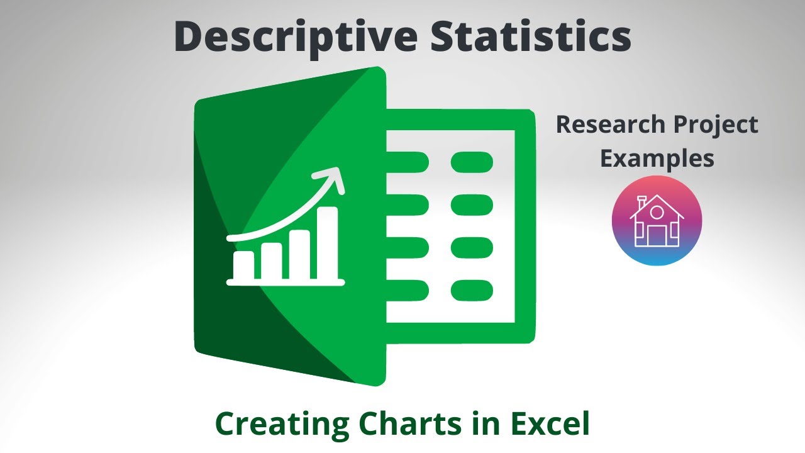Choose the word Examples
click(657, 158)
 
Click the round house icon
click(657, 221)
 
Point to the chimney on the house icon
click(642, 203)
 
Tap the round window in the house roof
click(657, 212)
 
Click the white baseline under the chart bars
click(286, 282)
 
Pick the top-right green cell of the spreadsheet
click(472, 162)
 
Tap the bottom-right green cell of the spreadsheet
click(472, 290)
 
